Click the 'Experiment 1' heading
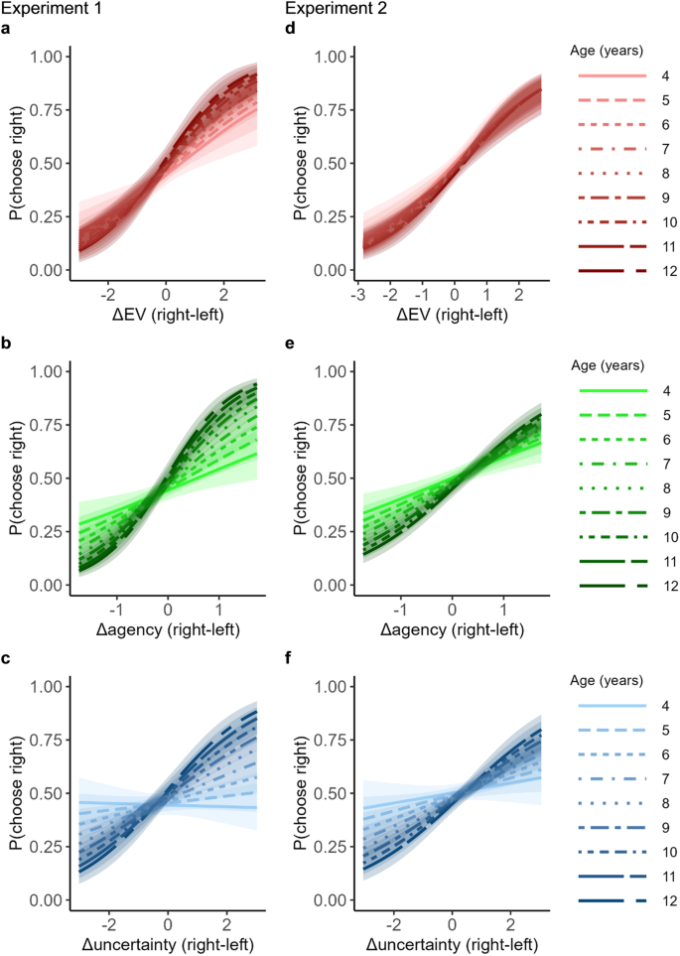[44, 9]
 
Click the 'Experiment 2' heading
[330, 9]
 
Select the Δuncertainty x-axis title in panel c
[167, 943]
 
